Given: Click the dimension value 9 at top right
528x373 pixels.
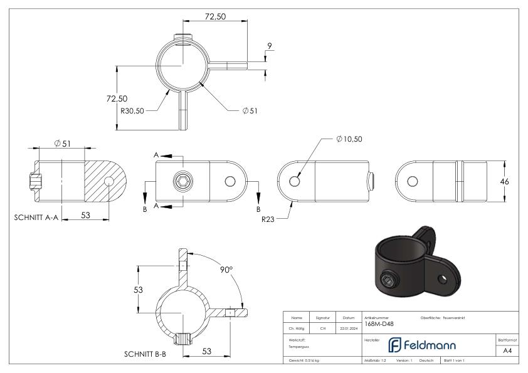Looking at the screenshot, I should [269, 45].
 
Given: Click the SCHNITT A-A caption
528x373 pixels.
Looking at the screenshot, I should [34, 219].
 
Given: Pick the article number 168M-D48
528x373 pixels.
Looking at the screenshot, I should [380, 324].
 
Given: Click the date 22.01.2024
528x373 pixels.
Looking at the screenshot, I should [348, 327].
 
